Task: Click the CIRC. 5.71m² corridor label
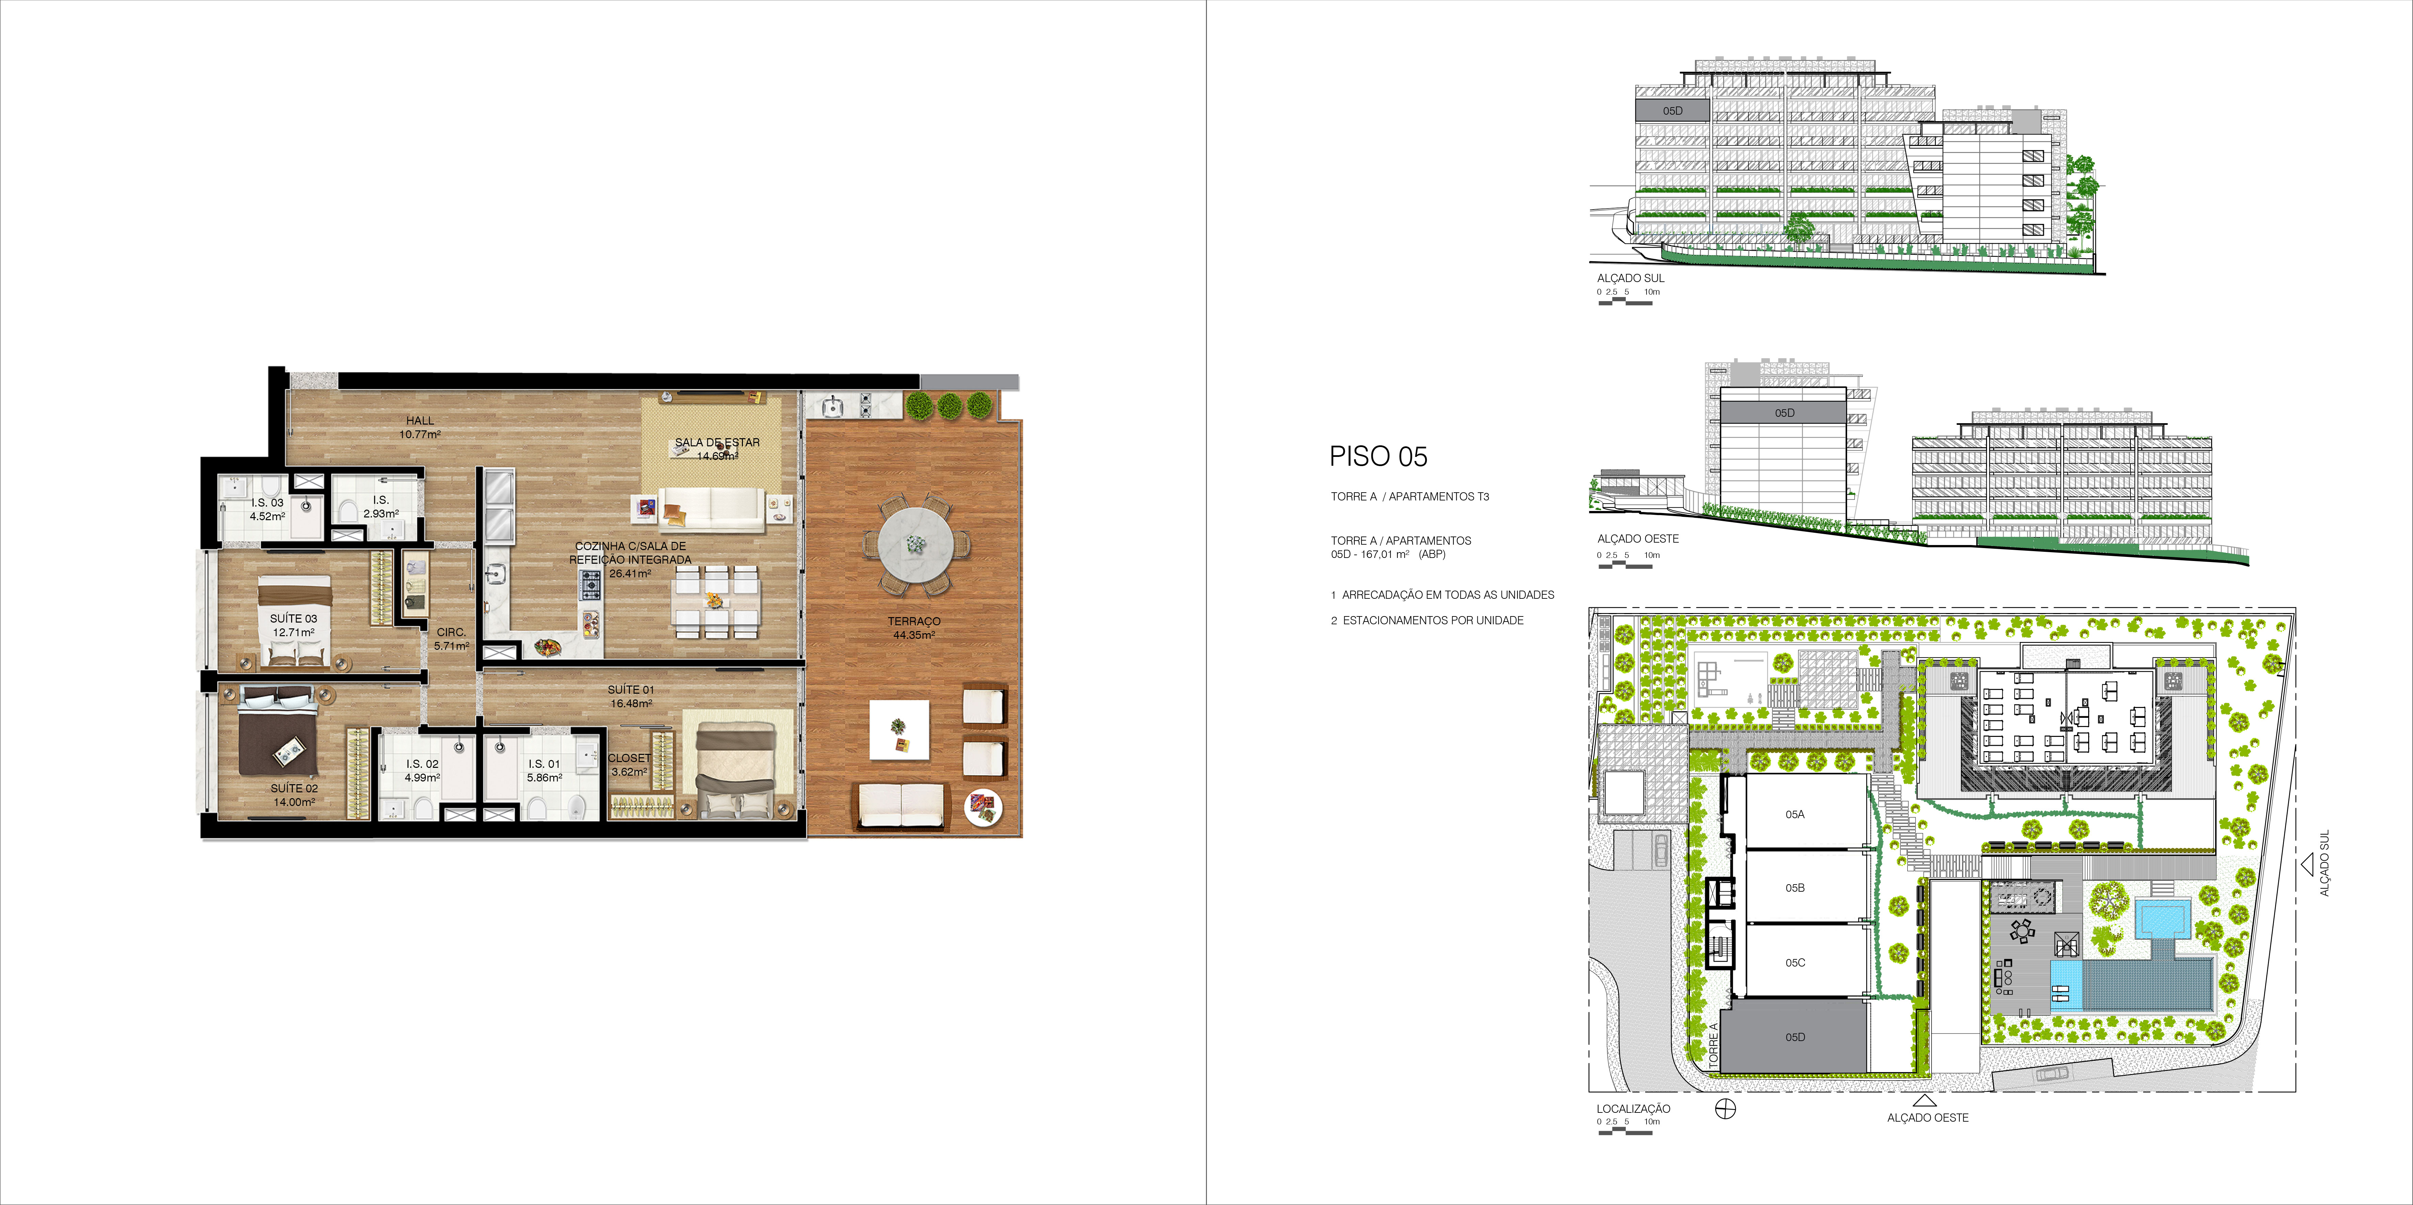(451, 639)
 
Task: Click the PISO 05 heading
(1378, 457)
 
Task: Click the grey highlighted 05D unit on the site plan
(1795, 1037)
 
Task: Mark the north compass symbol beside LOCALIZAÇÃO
(1725, 1109)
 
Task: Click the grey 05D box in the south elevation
(1672, 111)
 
